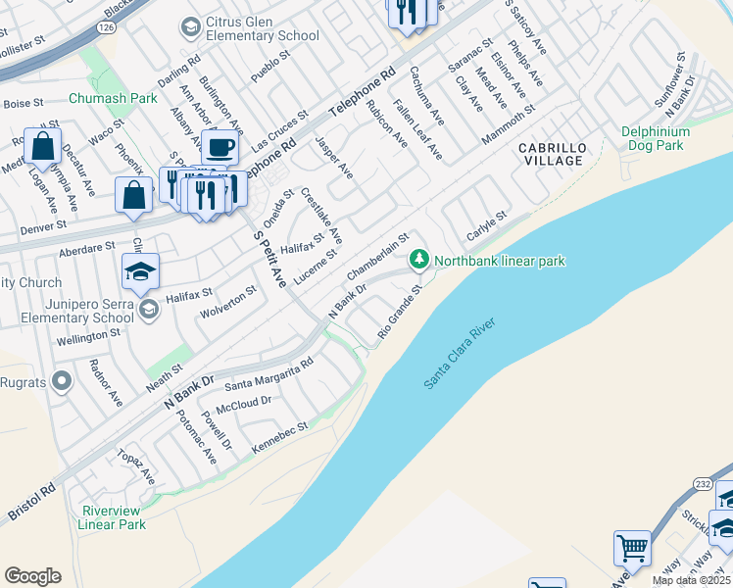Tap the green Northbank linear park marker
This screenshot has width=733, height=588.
pos(419,260)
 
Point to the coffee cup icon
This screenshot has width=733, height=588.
pos(220,147)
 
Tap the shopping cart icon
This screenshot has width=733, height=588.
pos(632,548)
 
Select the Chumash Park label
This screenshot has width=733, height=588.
pos(114,98)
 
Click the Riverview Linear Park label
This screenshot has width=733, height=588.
pos(113,517)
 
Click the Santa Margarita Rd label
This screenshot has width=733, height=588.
pos(269,373)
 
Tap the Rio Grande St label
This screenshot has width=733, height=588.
pos(400,314)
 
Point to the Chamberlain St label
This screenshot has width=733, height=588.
pos(376,257)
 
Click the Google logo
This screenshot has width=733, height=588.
pos(32,576)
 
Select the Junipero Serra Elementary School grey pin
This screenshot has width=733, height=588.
pos(148,311)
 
